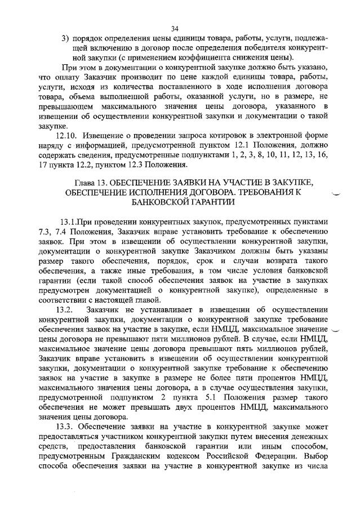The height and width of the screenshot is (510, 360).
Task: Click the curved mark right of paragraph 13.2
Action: [337, 331]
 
